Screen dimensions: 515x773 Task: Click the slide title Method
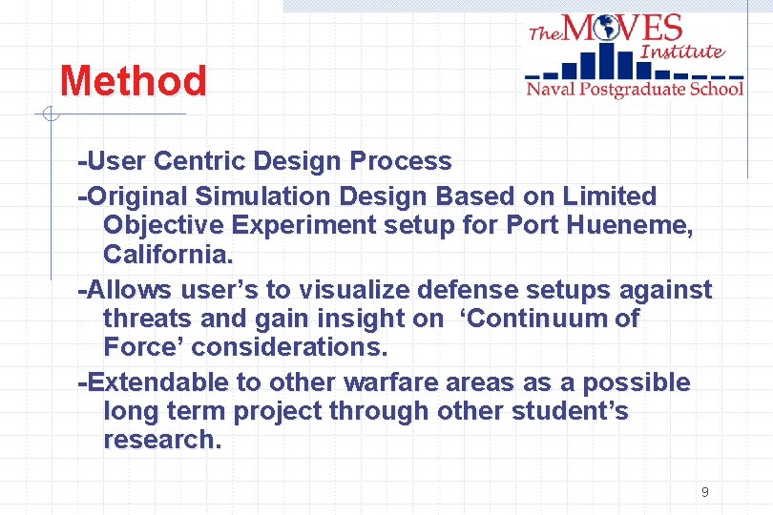[x=133, y=81]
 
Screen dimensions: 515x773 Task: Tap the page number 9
[x=704, y=492]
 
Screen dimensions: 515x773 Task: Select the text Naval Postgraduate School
[x=635, y=90]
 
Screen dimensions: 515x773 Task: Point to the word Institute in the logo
[x=682, y=51]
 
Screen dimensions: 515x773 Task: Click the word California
[x=167, y=256]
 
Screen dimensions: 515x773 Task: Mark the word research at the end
[x=161, y=440]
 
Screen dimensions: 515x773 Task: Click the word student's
[x=570, y=411]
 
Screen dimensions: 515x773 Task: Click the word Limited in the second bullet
[x=610, y=196]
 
